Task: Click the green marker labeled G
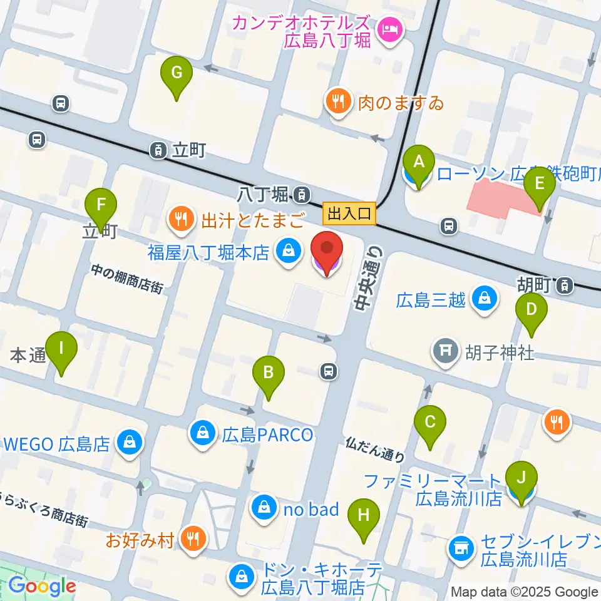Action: tap(177, 74)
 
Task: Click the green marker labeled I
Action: tap(61, 348)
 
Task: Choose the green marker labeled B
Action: tap(268, 374)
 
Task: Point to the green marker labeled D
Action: tap(532, 310)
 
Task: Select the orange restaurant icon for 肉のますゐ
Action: tap(339, 100)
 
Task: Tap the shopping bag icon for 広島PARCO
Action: tap(203, 433)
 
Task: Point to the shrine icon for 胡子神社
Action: tap(445, 352)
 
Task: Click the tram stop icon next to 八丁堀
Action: tap(303, 195)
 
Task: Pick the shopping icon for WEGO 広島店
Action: tap(130, 444)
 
